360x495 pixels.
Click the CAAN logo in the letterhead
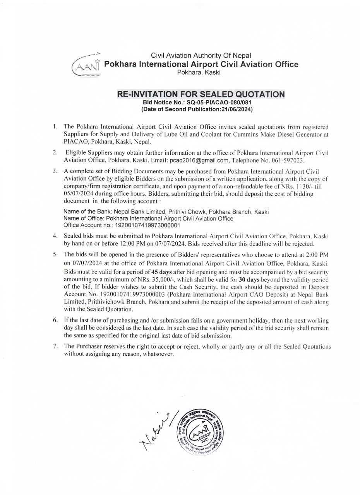click(x=86, y=65)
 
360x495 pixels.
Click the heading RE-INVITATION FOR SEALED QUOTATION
click(x=201, y=94)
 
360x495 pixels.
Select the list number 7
click(x=55, y=346)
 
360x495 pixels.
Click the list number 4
click(x=55, y=236)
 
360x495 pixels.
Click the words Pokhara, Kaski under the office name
click(x=199, y=72)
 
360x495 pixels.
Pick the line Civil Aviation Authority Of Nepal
click(x=201, y=56)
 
